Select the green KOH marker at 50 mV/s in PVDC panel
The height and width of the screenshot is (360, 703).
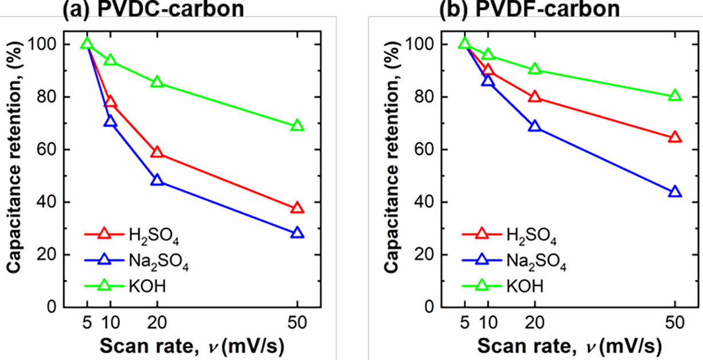click(x=297, y=126)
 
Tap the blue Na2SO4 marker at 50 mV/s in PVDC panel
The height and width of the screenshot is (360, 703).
click(x=297, y=233)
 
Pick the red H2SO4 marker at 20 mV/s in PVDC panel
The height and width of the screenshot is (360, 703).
click(x=157, y=152)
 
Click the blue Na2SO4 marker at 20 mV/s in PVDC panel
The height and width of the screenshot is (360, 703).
click(x=157, y=180)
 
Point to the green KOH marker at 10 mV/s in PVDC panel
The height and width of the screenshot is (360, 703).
click(x=110, y=60)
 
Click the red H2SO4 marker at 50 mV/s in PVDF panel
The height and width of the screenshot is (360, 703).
click(x=675, y=137)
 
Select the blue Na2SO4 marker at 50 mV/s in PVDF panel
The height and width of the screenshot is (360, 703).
click(x=675, y=192)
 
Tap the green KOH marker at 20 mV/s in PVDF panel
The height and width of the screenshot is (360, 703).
click(x=535, y=69)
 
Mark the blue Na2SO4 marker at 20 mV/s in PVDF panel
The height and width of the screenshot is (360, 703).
click(x=535, y=126)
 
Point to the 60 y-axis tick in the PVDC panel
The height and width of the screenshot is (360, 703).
click(x=53, y=150)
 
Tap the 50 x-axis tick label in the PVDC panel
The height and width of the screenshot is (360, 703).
click(x=297, y=323)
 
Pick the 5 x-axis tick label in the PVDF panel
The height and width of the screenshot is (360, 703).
click(x=464, y=323)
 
